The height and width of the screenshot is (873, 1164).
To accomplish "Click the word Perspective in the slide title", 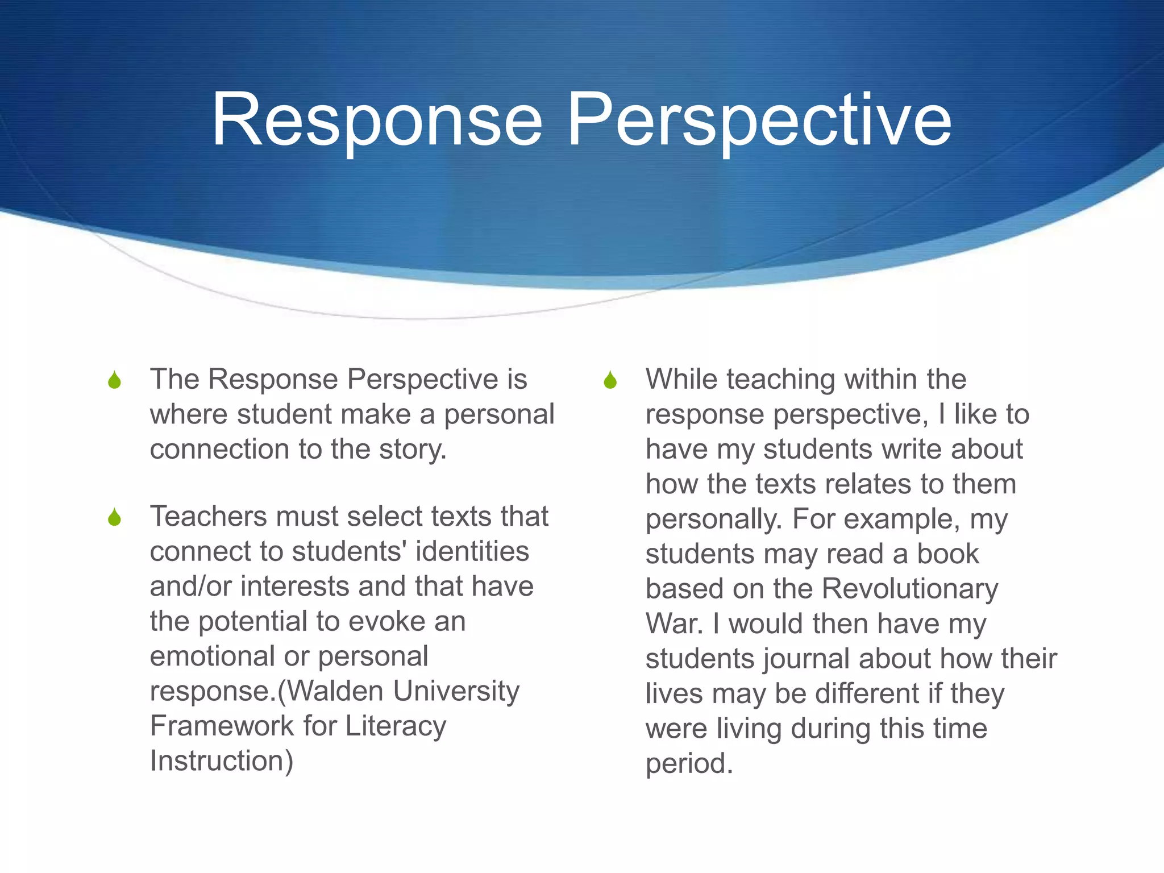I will point(759,120).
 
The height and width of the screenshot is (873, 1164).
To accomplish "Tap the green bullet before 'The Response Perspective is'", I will point(114,380).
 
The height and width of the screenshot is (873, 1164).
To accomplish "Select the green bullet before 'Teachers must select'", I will point(114,517).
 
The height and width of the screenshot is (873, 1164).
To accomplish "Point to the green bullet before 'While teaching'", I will point(610,380).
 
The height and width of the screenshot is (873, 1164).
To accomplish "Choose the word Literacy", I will point(396,726).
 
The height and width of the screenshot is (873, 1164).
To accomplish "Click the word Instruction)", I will point(222,761).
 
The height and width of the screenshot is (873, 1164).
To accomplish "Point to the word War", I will point(674,624).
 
